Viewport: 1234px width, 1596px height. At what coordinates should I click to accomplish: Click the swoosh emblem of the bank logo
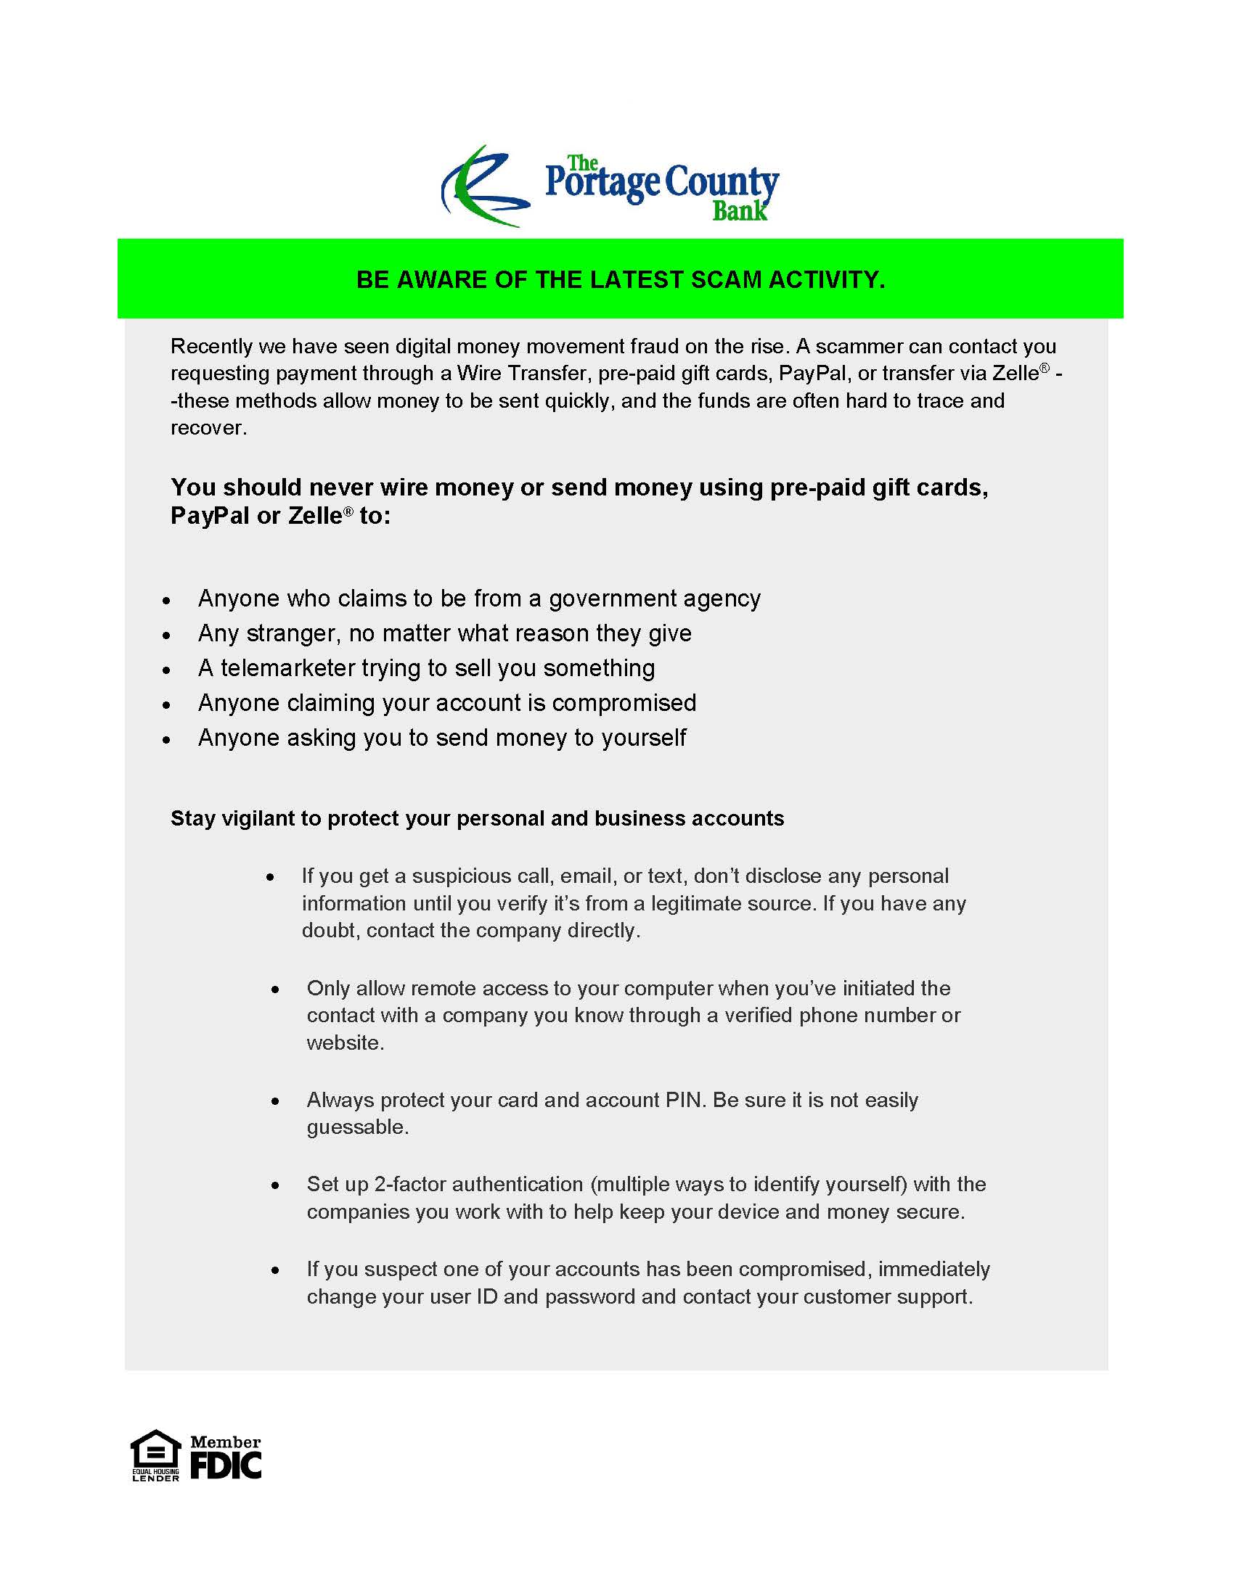483,187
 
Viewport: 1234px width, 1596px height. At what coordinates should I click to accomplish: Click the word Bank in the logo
739,211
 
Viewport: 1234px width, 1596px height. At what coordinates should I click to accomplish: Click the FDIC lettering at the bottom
226,1465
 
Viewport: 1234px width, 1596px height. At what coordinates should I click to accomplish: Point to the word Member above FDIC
225,1441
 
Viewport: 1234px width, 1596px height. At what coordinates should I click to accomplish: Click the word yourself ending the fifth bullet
643,737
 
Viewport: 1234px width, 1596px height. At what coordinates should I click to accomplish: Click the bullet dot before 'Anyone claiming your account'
168,705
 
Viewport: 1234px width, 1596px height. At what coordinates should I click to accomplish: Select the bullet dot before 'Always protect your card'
275,1101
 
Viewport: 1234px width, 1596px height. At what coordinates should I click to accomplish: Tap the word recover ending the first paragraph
207,427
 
